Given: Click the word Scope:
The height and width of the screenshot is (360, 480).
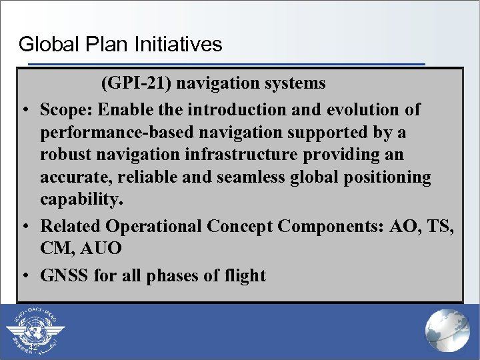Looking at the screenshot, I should coord(65,109).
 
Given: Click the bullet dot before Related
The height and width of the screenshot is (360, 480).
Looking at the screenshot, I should coord(24,227).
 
